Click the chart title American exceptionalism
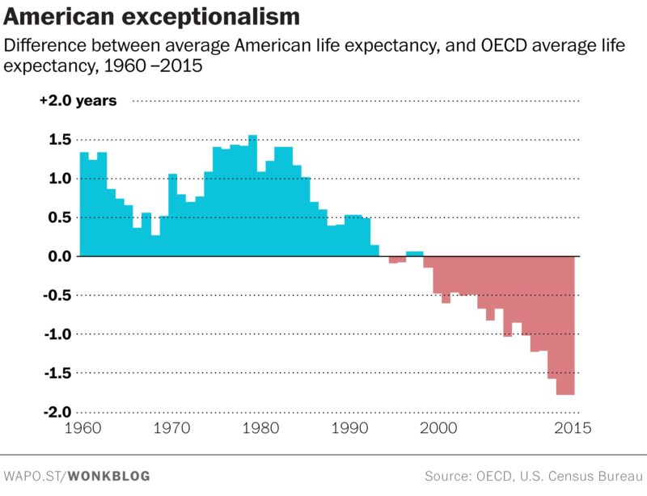152,17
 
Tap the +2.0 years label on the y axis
78,101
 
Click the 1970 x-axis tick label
171,429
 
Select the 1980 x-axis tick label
260,429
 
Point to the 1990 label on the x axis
349,429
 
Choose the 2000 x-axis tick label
437,429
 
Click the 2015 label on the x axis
572,429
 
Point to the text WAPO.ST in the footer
33,477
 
